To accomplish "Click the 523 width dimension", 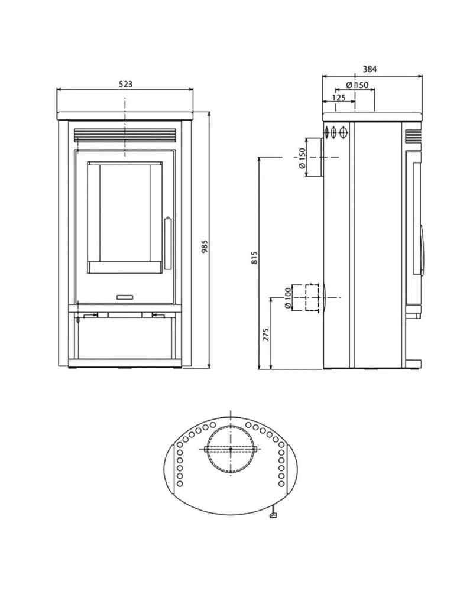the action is pyautogui.click(x=125, y=84).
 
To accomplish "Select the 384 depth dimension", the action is pyautogui.click(x=370, y=69).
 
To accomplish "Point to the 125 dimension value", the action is pyautogui.click(x=339, y=98).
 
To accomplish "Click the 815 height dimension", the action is pyautogui.click(x=255, y=258).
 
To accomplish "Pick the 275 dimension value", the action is pyautogui.click(x=265, y=335).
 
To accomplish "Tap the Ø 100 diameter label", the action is pyautogui.click(x=288, y=298).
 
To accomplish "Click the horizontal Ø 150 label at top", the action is pyautogui.click(x=357, y=85).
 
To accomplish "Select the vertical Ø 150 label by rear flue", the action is pyautogui.click(x=302, y=158).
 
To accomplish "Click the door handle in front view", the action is pyautogui.click(x=167, y=242).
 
